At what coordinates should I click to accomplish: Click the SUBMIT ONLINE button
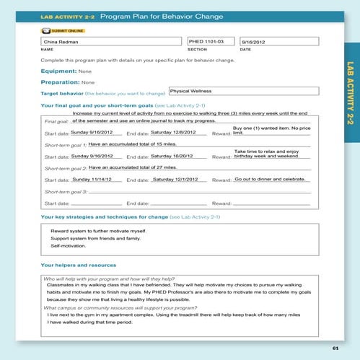63,31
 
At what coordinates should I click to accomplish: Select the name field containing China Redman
112,43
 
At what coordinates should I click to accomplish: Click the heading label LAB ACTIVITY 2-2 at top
68,15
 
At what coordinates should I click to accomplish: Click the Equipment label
58,71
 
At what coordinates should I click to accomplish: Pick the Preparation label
61,82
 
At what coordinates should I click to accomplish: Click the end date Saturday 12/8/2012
172,133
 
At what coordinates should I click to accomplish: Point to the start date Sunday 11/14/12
92,178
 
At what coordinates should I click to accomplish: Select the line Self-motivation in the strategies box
67,246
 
